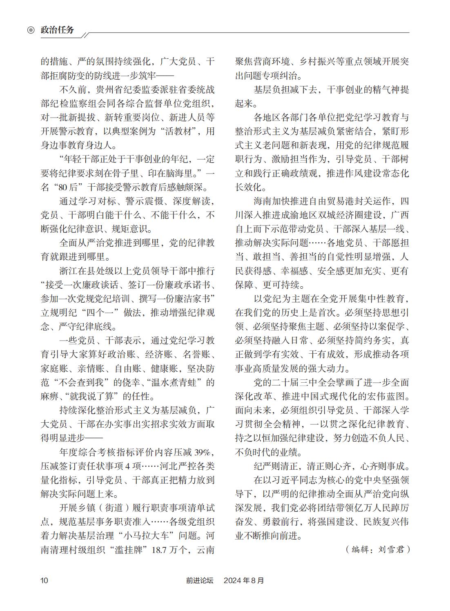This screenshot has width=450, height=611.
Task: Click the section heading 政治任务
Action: [58, 30]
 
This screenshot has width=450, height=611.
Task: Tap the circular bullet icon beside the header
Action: [31, 30]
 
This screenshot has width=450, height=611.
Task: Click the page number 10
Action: [44, 580]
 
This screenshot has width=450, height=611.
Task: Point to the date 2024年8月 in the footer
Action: [244, 580]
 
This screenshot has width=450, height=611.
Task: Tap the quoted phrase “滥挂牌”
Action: [129, 550]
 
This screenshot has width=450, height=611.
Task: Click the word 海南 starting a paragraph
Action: [263, 201]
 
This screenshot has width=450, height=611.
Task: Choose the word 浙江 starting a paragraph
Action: [69, 271]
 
